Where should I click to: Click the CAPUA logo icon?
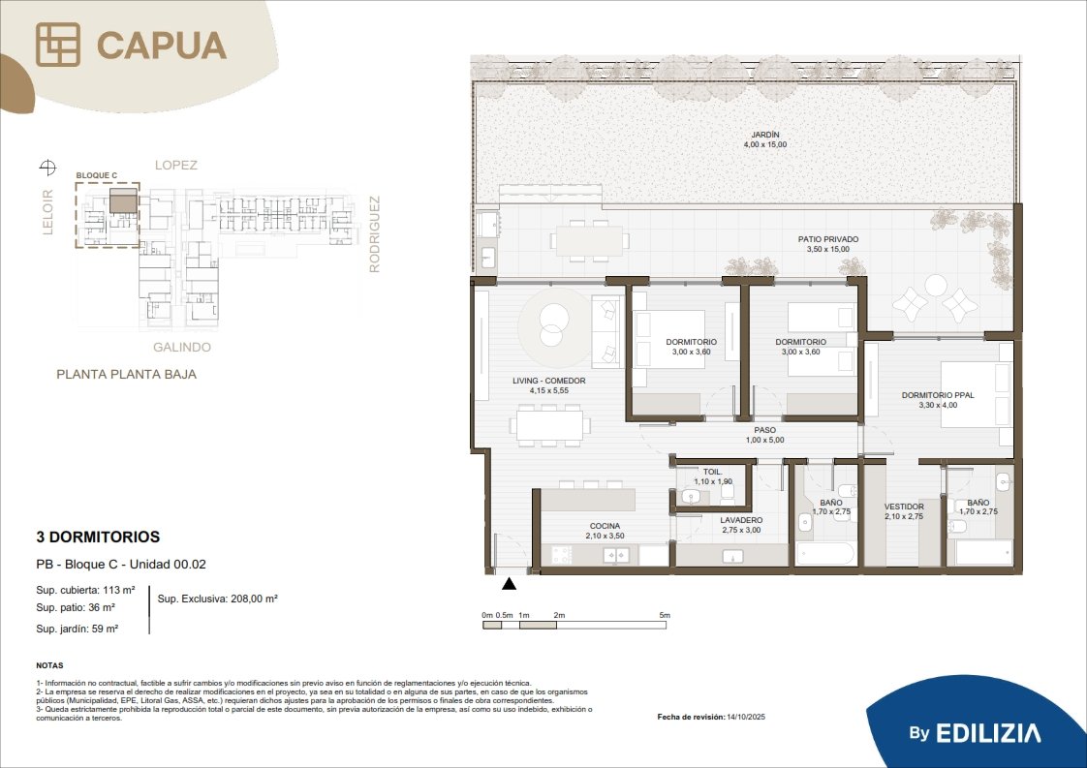(57, 45)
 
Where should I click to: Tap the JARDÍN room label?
(765, 135)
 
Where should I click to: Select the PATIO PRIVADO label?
(827, 239)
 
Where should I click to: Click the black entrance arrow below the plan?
(509, 584)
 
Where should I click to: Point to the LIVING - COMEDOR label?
(549, 381)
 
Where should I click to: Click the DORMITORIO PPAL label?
(938, 395)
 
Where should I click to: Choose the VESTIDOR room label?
(904, 507)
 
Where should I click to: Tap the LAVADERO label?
(741, 520)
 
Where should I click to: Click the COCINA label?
(605, 526)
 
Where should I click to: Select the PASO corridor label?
(764, 430)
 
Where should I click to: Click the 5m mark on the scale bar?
(665, 615)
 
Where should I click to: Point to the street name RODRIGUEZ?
(374, 234)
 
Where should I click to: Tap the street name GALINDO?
(181, 348)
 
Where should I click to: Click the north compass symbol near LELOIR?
(47, 167)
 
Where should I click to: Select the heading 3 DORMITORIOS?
(98, 537)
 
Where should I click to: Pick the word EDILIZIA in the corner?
(988, 733)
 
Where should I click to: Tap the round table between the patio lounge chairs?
(935, 285)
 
